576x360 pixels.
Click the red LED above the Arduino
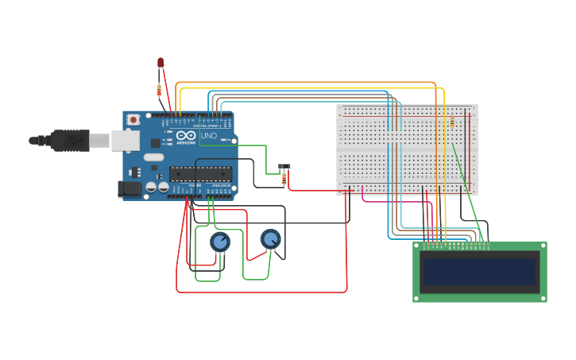click(x=160, y=62)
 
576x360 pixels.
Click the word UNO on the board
click(x=208, y=136)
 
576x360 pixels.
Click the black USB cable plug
click(x=72, y=140)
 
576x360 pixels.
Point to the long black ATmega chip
click(x=201, y=174)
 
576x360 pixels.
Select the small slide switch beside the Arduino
click(x=284, y=167)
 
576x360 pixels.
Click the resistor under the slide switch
click(x=284, y=180)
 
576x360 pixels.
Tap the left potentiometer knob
click(x=220, y=242)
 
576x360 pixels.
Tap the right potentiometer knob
click(x=271, y=238)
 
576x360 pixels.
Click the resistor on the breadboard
click(x=452, y=122)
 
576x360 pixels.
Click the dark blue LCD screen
click(x=480, y=271)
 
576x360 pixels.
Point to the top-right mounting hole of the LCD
click(x=543, y=246)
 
